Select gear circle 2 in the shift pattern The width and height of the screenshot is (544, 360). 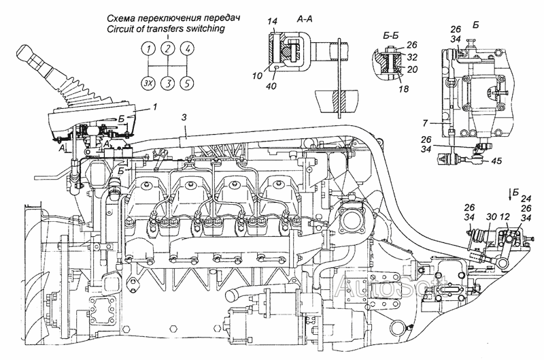pyautogui.click(x=167, y=48)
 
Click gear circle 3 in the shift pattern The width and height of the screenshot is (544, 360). pyautogui.click(x=167, y=83)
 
